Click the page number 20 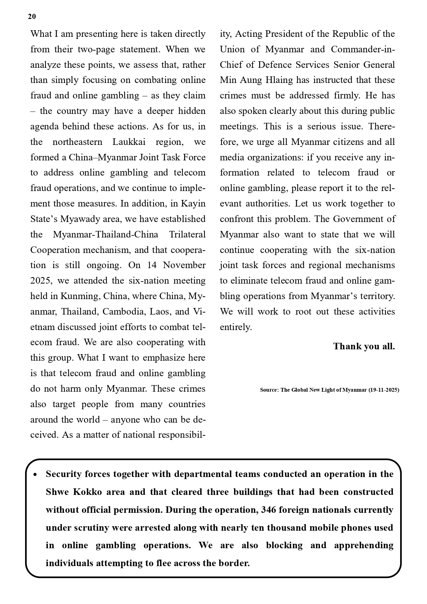(x=32, y=17)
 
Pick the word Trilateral (x=187, y=234)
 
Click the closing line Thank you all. (x=364, y=346)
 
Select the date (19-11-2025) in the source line (x=384, y=390)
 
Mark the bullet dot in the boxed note (x=35, y=475)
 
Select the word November (x=184, y=265)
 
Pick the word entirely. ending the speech (x=236, y=327)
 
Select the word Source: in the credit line (x=269, y=390)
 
